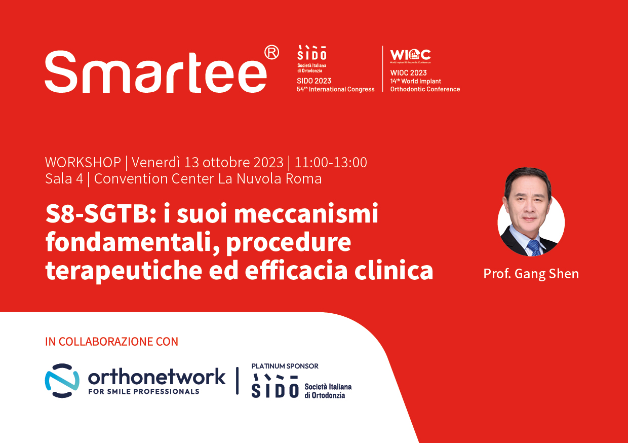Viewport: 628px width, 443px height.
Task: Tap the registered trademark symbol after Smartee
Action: point(271,53)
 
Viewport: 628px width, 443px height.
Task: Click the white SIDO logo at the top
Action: point(312,53)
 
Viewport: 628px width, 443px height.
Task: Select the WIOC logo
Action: point(410,56)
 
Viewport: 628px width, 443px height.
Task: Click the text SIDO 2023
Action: point(314,81)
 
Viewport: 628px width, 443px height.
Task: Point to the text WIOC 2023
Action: point(409,73)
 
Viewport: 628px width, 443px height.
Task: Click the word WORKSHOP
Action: point(83,162)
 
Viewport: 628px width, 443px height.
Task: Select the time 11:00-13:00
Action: point(331,162)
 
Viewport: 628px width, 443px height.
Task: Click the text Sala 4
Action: point(64,179)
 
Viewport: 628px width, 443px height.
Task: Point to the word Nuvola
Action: point(259,179)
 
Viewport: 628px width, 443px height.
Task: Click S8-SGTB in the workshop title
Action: point(101,214)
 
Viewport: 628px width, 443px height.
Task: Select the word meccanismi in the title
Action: point(306,214)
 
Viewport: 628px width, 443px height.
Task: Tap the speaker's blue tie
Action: point(533,248)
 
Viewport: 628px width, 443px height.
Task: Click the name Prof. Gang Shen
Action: point(531,274)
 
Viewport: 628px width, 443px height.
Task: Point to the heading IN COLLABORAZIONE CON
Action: point(111,342)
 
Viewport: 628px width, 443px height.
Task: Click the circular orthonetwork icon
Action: point(62,381)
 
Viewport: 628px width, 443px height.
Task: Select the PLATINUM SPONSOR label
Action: point(285,366)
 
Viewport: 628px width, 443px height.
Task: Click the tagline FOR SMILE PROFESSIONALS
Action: point(144,392)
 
